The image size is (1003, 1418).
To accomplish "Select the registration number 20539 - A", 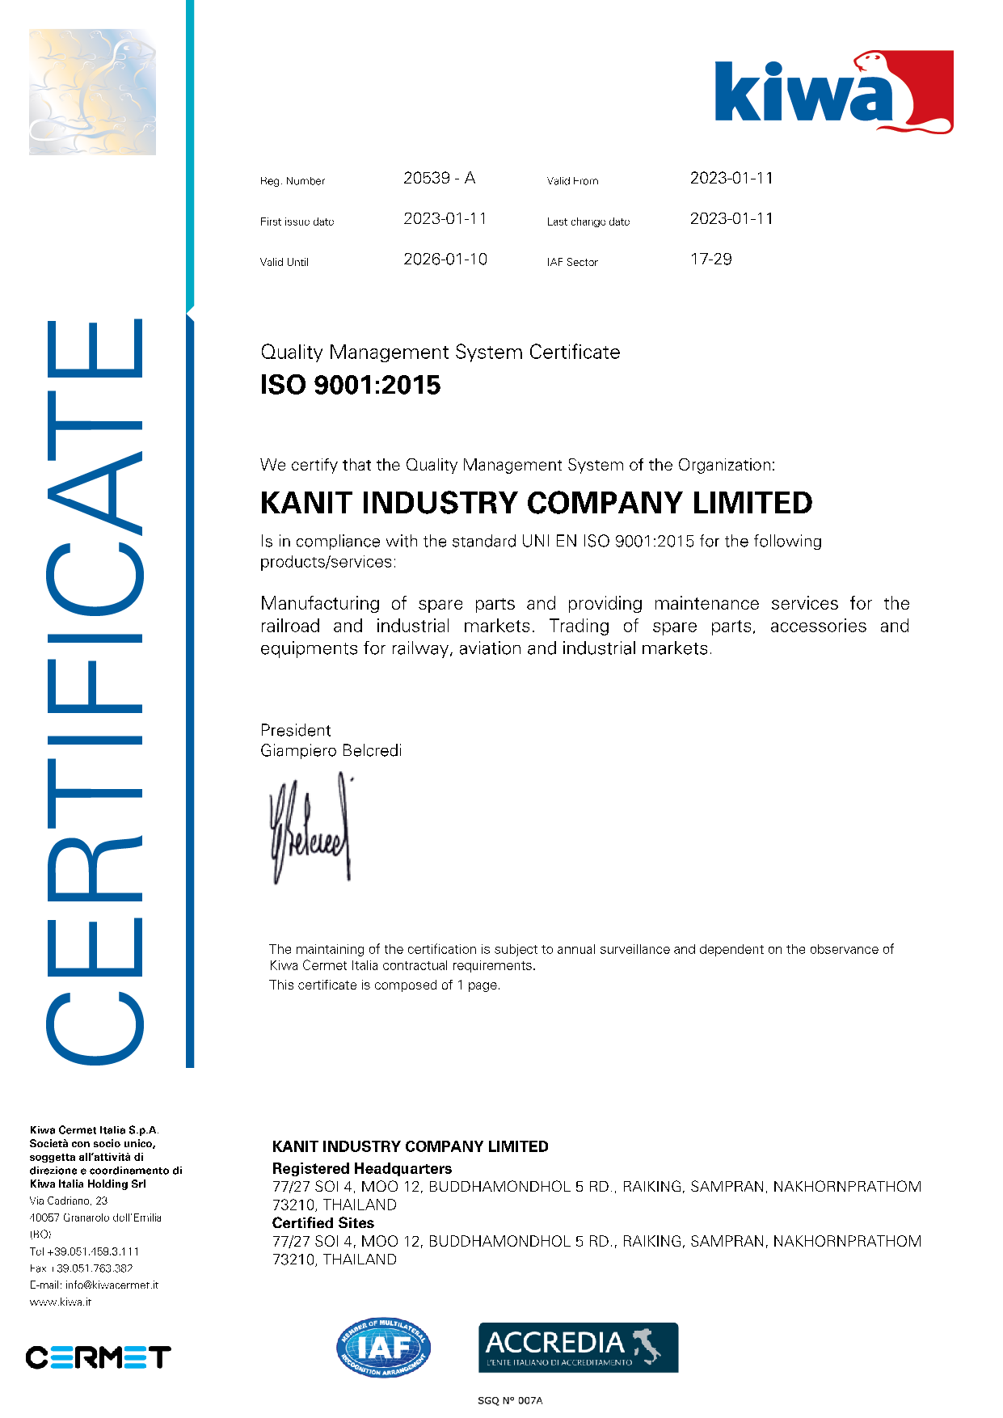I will (439, 178).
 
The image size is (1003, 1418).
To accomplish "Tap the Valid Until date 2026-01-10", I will (445, 260).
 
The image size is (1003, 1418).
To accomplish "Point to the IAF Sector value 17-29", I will (710, 260).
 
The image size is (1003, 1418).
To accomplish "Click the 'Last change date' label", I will (588, 222).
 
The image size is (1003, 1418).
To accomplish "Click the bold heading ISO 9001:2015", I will (350, 385).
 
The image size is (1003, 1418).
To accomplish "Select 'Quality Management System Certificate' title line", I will (440, 352).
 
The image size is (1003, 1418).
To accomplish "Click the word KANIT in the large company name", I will (306, 503).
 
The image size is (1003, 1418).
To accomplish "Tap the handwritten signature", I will (310, 829).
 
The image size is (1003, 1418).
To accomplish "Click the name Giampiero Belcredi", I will (331, 751).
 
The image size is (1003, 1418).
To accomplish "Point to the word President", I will (295, 730).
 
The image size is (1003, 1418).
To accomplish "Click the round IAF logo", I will (383, 1348).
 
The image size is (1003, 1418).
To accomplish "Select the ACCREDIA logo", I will (578, 1348).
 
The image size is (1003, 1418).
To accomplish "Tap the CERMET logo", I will (98, 1357).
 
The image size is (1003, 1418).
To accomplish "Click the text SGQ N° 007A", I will (509, 1400).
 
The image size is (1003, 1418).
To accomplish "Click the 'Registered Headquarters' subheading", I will (361, 1168).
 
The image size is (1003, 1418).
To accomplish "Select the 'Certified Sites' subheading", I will (322, 1223).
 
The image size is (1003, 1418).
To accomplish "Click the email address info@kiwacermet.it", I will (112, 1285).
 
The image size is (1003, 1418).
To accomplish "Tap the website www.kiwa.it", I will (61, 1302).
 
